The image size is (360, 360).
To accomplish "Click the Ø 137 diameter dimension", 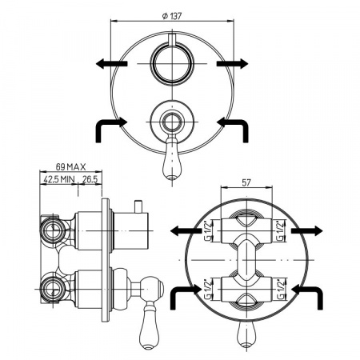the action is tap(172, 16).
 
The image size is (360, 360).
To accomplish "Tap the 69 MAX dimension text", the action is tap(71, 167).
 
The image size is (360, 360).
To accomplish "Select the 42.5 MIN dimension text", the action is tap(59, 179).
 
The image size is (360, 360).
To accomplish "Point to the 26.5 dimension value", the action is tap(90, 179).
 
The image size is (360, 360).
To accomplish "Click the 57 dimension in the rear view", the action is tap(246, 182).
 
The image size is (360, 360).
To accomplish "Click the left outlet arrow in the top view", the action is tap(111, 64).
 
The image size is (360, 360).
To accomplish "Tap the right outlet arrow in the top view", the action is tap(232, 64).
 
